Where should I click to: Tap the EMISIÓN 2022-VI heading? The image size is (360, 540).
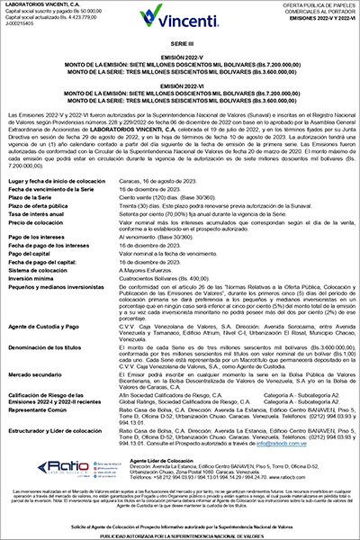point(179,88)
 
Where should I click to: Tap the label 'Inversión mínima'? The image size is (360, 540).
point(40,260)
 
